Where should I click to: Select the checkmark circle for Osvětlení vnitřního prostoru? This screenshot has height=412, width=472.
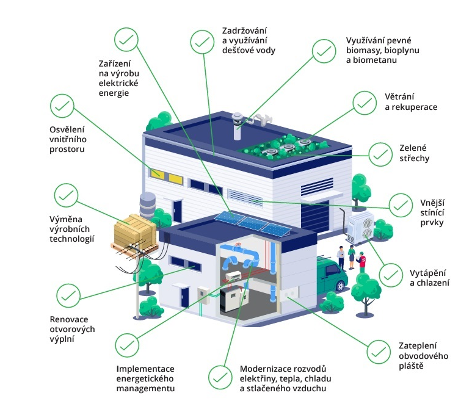coord(62,106)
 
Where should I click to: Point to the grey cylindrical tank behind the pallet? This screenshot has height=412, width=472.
coord(148,204)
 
